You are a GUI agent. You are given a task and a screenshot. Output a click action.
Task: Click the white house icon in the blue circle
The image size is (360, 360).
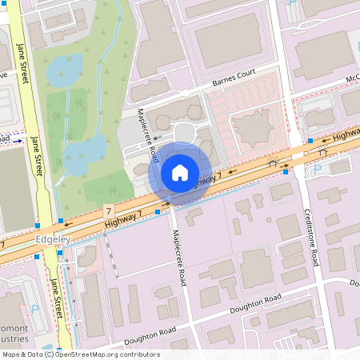[x=180, y=173]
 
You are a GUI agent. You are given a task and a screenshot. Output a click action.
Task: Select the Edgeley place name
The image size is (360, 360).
[x=54, y=239]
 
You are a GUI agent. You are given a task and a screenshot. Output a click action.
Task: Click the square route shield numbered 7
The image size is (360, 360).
[x=107, y=210]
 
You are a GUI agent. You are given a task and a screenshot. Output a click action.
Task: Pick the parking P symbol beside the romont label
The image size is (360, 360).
[x=34, y=309]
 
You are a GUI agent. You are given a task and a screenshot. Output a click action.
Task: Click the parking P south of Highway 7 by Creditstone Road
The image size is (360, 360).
[x=317, y=170]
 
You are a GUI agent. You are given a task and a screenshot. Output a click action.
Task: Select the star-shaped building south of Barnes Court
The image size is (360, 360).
[x=254, y=127]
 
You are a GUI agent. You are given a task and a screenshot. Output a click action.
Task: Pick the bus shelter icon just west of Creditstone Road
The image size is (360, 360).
[x=273, y=164]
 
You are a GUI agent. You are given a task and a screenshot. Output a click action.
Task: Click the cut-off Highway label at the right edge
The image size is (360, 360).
[x=346, y=135]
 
